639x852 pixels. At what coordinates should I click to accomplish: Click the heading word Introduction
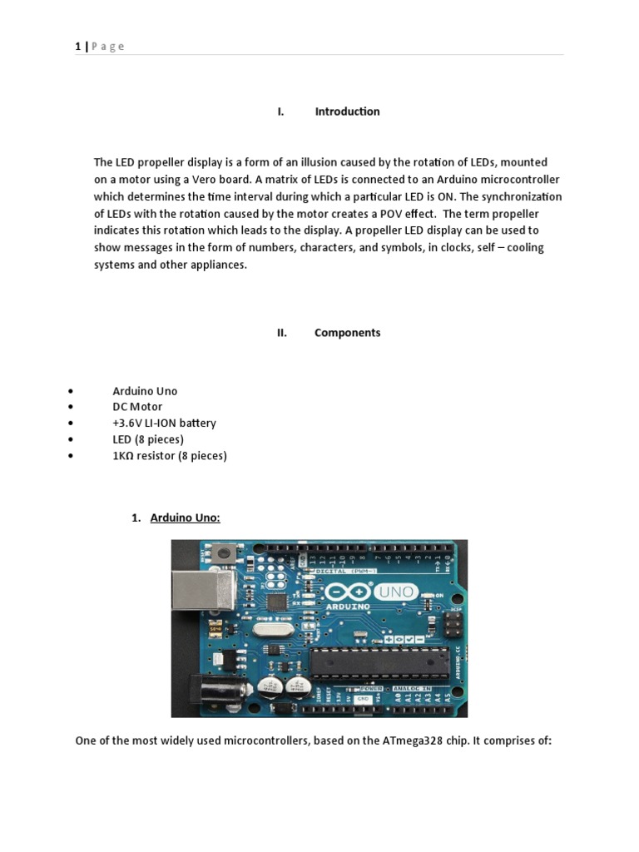coord(347,111)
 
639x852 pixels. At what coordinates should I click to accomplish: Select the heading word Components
coord(347,333)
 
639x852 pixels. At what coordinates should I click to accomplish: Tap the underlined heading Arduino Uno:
coord(185,518)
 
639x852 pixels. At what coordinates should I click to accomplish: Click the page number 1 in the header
coord(77,47)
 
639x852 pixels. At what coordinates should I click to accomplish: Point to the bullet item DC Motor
coord(137,407)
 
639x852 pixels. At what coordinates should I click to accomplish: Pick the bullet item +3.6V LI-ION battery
coord(164,423)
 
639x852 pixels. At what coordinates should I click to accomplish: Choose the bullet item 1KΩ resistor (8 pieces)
coord(170,456)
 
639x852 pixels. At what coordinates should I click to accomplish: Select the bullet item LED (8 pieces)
coord(148,439)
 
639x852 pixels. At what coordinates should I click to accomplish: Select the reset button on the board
coord(222,552)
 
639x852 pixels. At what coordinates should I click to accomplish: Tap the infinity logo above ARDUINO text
coord(348,592)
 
